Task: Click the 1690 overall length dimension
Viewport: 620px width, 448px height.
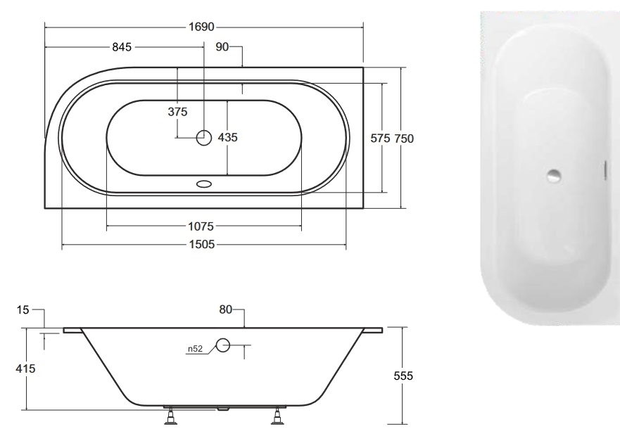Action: (x=201, y=27)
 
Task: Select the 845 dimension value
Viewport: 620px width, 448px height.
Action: (x=122, y=47)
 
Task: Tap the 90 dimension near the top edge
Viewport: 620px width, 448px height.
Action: (x=222, y=47)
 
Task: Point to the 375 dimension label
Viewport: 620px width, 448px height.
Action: (x=177, y=112)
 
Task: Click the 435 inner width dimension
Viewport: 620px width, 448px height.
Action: (x=228, y=137)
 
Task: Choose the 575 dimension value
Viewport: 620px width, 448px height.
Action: (x=381, y=138)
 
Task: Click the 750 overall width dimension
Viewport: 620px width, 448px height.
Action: (x=404, y=139)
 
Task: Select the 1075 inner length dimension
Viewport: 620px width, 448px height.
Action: (x=201, y=226)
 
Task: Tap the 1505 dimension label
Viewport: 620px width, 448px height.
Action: (x=202, y=245)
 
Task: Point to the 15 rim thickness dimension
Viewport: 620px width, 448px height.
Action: (x=23, y=310)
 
